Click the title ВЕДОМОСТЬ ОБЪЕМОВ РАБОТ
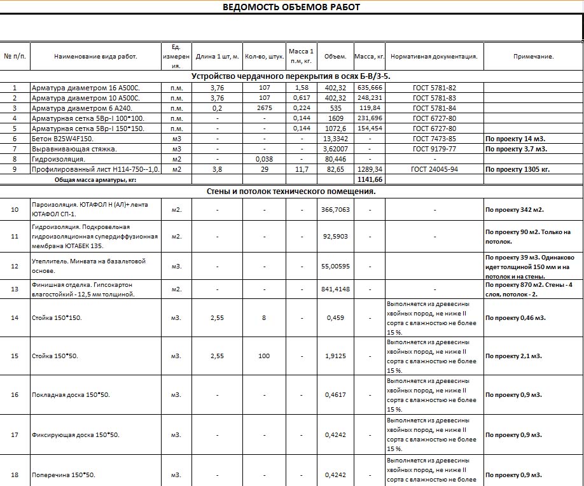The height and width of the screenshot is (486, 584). (291, 7)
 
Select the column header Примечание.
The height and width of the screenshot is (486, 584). (533, 56)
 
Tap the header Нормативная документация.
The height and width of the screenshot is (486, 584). (434, 56)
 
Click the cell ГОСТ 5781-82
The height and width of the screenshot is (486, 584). (434, 88)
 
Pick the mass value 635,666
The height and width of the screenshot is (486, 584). (370, 88)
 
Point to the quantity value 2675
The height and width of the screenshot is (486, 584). (264, 108)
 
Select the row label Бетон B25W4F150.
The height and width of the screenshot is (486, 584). (62, 139)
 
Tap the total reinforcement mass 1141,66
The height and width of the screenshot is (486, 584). (370, 180)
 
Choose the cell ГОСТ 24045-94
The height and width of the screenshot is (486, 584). (434, 170)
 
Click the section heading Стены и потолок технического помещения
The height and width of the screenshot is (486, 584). (291, 191)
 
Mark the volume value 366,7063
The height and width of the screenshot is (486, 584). (335, 209)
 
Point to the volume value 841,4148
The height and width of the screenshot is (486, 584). (335, 289)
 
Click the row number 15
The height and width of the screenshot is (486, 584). (15, 356)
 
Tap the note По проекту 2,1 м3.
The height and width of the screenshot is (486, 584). (513, 356)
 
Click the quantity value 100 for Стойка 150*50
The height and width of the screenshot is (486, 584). (264, 356)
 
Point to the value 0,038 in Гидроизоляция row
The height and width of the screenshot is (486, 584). (264, 159)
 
